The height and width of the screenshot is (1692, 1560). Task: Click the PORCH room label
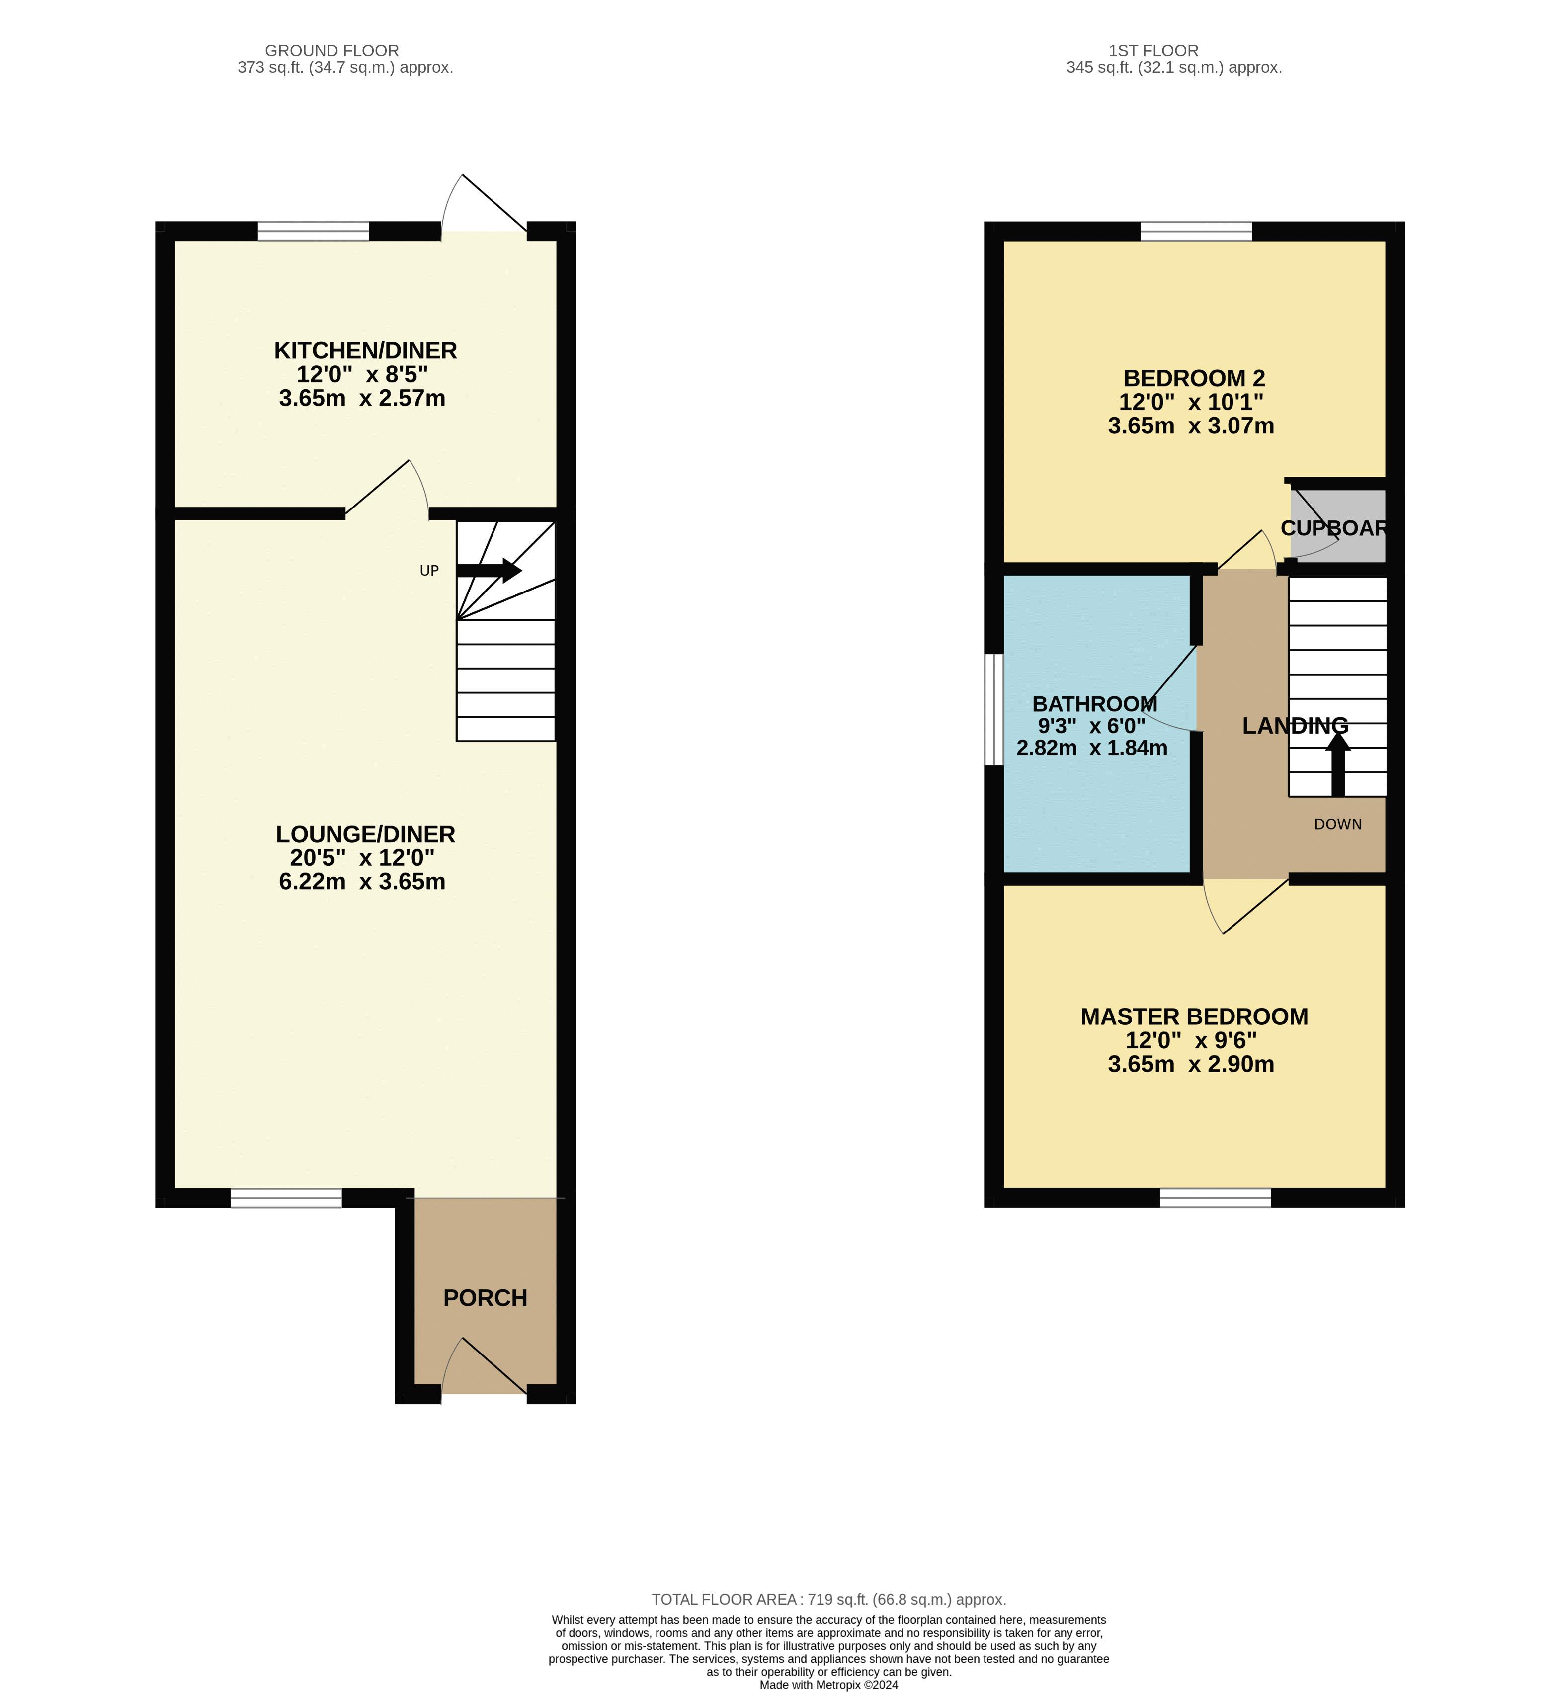click(x=486, y=1298)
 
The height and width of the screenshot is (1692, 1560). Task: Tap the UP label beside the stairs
click(x=429, y=571)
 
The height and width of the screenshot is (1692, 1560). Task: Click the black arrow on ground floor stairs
click(x=490, y=570)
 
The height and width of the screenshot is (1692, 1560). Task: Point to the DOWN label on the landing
click(x=1338, y=824)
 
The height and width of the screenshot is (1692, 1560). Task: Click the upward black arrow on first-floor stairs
click(x=1337, y=764)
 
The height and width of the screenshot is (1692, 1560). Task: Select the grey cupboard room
click(x=1338, y=528)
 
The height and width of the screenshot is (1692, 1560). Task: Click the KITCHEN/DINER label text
click(x=365, y=350)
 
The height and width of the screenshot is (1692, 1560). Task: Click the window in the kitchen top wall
click(x=313, y=231)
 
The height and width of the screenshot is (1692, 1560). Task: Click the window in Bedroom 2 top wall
click(x=1196, y=231)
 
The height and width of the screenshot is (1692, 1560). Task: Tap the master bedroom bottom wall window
click(x=1215, y=1197)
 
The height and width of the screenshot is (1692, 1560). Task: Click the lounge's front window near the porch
click(x=286, y=1197)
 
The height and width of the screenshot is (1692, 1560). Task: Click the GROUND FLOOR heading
click(x=332, y=51)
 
